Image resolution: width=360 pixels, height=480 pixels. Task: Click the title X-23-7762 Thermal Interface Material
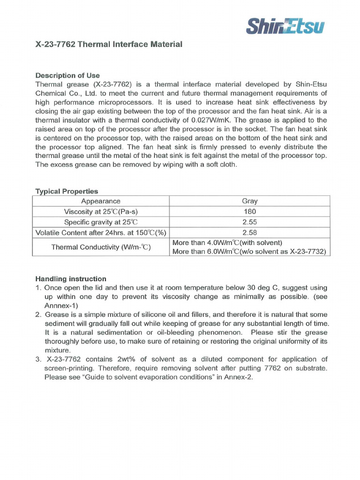pyautogui.click(x=109, y=45)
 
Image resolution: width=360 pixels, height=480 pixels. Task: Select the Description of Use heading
pyautogui.click(x=67, y=75)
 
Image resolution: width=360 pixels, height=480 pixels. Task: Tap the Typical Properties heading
pyautogui.click(x=67, y=191)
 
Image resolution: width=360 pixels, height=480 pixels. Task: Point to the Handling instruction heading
pyautogui.click(x=71, y=278)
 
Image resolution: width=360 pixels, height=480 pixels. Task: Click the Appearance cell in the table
pyautogui.click(x=100, y=201)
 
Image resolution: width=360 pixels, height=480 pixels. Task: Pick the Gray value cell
pyautogui.click(x=249, y=201)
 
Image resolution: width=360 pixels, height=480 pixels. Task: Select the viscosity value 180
pyautogui.click(x=249, y=211)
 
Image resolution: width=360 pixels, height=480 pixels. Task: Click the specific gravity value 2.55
pyautogui.click(x=249, y=222)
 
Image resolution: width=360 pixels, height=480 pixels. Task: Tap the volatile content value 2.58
pyautogui.click(x=249, y=233)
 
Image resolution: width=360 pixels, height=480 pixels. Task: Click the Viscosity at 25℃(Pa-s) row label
pyautogui.click(x=100, y=211)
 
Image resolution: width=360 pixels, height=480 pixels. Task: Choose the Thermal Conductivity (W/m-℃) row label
pyautogui.click(x=100, y=247)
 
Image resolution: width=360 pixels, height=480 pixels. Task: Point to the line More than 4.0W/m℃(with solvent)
pyautogui.click(x=227, y=243)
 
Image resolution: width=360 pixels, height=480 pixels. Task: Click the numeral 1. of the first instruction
pyautogui.click(x=38, y=288)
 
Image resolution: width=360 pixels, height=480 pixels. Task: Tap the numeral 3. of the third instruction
pyautogui.click(x=38, y=360)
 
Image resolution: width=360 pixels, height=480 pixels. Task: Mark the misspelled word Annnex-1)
pyautogui.click(x=61, y=305)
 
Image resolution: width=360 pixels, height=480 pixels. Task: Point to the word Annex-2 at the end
pyautogui.click(x=239, y=377)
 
